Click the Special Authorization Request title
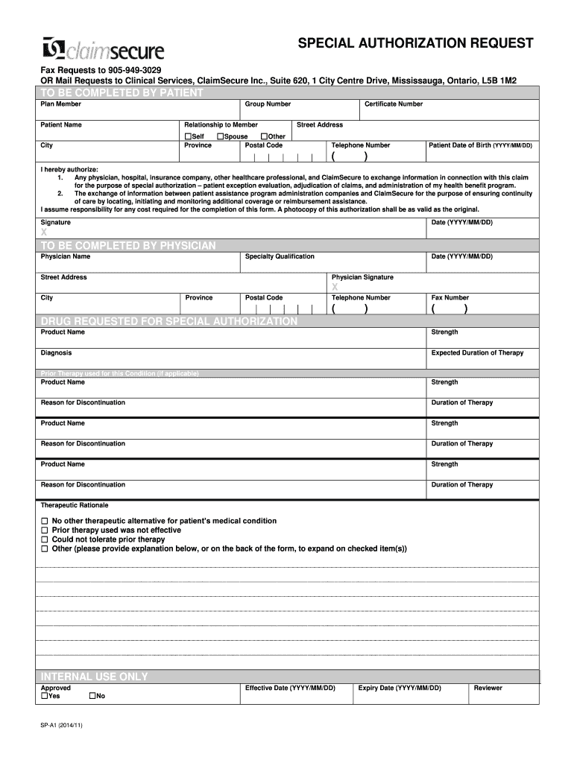(x=416, y=43)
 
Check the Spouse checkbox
(x=220, y=136)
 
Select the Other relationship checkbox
(x=264, y=136)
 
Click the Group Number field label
(x=268, y=104)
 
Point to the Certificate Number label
(x=394, y=104)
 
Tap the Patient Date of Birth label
(x=480, y=145)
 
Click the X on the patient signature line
(x=44, y=233)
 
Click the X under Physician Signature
(x=335, y=287)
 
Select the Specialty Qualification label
(x=280, y=256)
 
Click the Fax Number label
(x=450, y=298)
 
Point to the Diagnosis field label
(x=56, y=353)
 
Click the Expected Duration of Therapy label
(x=477, y=353)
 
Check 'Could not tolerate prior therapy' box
(x=44, y=539)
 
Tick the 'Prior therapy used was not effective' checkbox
(x=44, y=531)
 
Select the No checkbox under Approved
(x=92, y=696)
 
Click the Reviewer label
(x=488, y=688)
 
